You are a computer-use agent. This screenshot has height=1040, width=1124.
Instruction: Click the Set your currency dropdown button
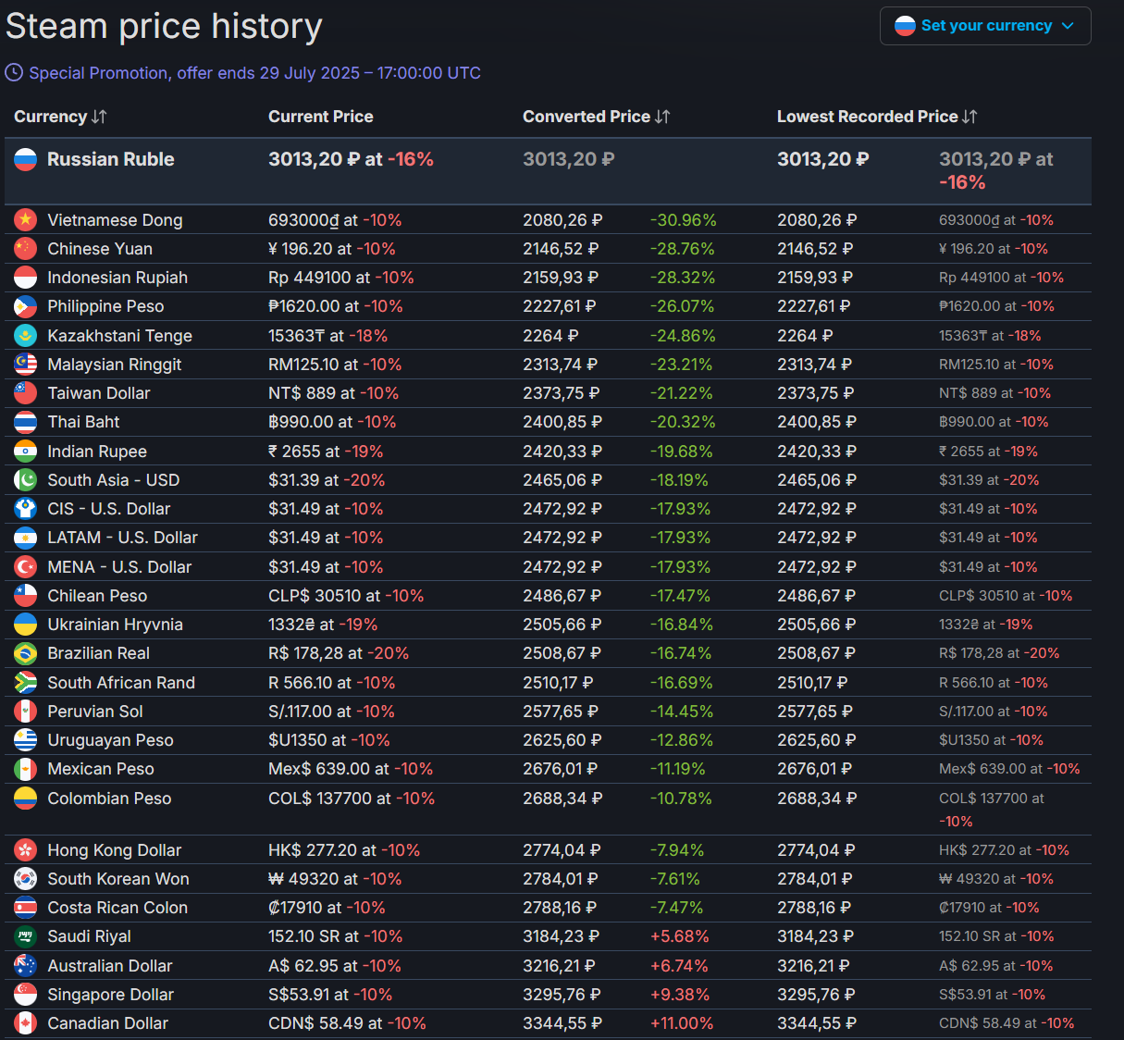pyautogui.click(x=985, y=26)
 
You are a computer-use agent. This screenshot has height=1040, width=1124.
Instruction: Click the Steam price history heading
pyautogui.click(x=164, y=26)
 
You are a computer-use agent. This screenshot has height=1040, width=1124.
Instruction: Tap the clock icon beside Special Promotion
pyautogui.click(x=14, y=72)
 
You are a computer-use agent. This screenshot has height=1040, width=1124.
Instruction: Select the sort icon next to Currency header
pyautogui.click(x=99, y=117)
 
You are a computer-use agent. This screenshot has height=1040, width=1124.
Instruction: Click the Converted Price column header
pyautogui.click(x=587, y=117)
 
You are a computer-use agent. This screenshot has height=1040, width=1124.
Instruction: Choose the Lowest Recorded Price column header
pyautogui.click(x=867, y=117)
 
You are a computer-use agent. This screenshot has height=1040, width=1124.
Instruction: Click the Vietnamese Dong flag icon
pyautogui.click(x=26, y=219)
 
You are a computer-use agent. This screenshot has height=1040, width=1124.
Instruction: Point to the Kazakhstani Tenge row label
pyautogui.click(x=119, y=335)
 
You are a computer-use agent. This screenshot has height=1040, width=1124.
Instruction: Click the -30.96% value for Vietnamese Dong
pyautogui.click(x=683, y=220)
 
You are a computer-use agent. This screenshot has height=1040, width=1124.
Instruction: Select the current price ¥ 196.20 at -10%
pyautogui.click(x=332, y=249)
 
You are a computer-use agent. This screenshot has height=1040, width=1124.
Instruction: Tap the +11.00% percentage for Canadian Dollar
pyautogui.click(x=682, y=1023)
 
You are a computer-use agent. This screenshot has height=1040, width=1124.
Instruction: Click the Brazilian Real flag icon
pyautogui.click(x=26, y=653)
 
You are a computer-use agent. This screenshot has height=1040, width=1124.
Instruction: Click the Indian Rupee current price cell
pyautogui.click(x=326, y=452)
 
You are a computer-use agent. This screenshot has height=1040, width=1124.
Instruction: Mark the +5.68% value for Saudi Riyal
pyautogui.click(x=679, y=936)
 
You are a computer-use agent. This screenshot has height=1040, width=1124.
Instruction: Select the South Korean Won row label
pyautogui.click(x=118, y=879)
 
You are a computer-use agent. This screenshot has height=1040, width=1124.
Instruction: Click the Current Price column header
pyautogui.click(x=321, y=117)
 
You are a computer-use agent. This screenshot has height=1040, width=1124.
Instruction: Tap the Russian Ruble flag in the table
pyautogui.click(x=26, y=159)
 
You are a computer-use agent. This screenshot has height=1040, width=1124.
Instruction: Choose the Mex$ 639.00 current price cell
pyautogui.click(x=351, y=769)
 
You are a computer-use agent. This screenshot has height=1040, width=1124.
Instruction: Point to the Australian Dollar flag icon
pyautogui.click(x=26, y=965)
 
